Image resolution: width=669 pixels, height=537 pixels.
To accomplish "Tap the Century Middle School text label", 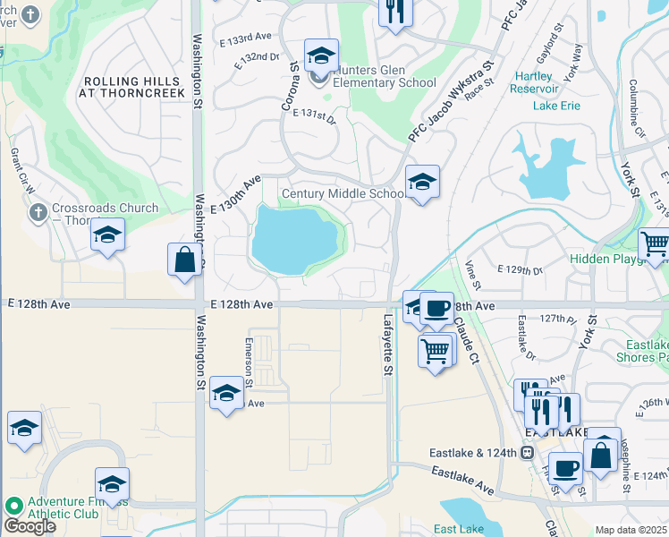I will [343, 194].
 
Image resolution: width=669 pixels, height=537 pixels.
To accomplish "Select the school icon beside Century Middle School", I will [422, 183].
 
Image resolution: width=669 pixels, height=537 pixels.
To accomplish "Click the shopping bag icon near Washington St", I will [183, 260].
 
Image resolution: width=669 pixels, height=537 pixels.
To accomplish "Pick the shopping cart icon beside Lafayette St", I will [435, 352].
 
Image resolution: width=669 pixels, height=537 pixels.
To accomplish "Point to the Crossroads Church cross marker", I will [37, 213].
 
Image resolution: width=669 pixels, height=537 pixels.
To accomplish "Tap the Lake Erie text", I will [556, 106].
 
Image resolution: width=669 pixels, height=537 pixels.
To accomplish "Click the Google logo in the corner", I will [30, 526].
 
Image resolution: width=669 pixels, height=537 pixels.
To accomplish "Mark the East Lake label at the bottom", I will [459, 530].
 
